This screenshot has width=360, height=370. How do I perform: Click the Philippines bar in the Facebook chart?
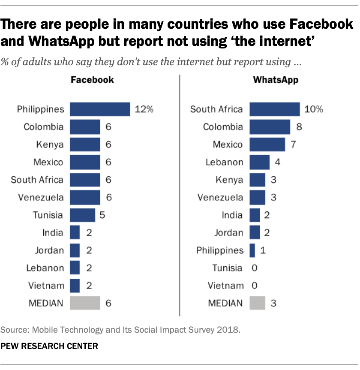[x=99, y=109]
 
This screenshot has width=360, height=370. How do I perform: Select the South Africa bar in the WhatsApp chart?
[x=274, y=109]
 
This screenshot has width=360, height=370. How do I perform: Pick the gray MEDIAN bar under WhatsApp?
[x=257, y=303]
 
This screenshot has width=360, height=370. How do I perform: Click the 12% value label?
[x=144, y=109]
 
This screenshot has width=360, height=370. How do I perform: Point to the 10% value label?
[x=314, y=109]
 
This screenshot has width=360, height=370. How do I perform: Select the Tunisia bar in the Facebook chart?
[x=82, y=215]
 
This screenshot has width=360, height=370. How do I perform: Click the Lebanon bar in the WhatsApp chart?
[x=259, y=162]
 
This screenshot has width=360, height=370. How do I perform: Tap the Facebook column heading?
[x=92, y=80]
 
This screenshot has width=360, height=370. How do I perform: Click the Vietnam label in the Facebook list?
[x=46, y=286]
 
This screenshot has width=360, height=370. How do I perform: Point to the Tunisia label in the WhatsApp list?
[x=227, y=268]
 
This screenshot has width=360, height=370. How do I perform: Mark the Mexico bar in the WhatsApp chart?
[x=267, y=145]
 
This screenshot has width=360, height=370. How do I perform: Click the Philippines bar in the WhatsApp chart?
[x=252, y=250]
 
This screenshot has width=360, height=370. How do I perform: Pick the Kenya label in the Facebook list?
[x=50, y=145]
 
